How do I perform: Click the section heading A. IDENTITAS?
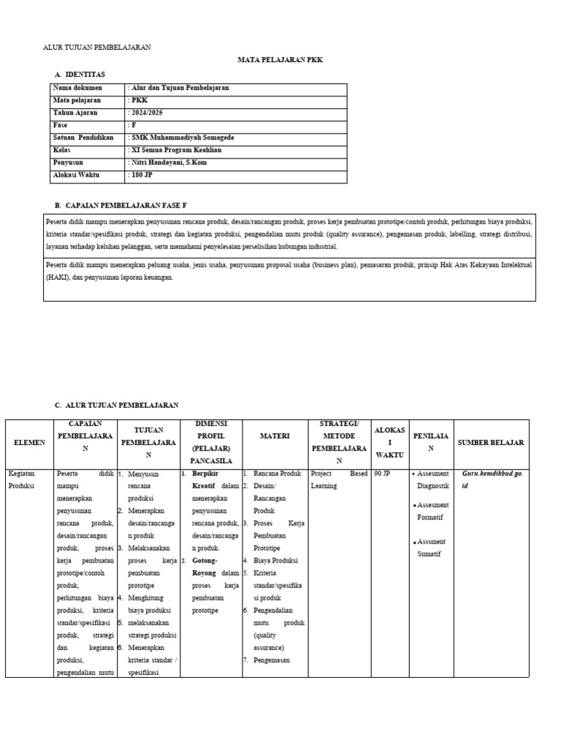[80, 75]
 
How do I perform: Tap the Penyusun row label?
[68, 162]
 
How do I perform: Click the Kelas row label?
[63, 150]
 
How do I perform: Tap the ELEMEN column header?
[29, 443]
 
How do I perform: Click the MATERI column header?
[275, 436]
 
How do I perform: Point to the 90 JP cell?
[381, 473]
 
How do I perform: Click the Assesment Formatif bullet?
[434, 511]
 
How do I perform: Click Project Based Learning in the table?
[339, 479]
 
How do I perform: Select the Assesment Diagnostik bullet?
[434, 479]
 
